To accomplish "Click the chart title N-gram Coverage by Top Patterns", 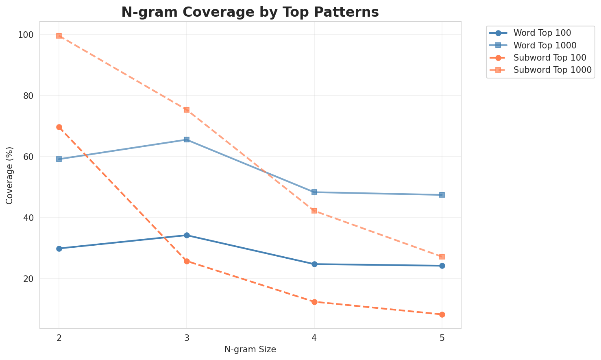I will point(250,12).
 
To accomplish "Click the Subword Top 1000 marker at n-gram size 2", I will point(59,36).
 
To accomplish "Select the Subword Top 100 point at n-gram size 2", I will point(59,127).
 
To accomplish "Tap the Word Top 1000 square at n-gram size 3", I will point(187,140).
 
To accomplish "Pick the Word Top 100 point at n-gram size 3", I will point(187,235).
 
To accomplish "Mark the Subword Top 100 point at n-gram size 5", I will point(442,314).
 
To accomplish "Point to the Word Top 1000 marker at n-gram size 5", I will point(442,195).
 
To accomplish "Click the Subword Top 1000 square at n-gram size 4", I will point(314,211).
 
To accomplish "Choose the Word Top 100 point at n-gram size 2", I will point(59,249).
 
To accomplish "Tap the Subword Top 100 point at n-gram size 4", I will point(314,302).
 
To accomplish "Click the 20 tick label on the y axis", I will point(29,279).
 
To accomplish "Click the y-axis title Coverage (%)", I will point(10,175).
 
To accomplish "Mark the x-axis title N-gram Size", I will point(250,349).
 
